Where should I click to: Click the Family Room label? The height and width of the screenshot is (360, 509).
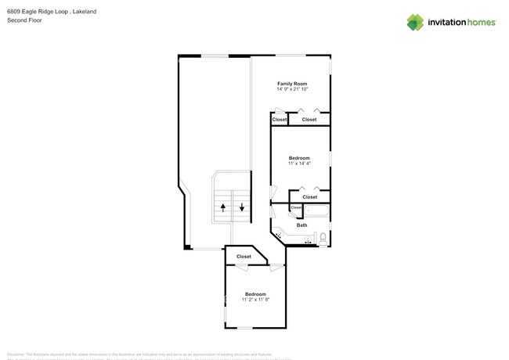pos(292,83)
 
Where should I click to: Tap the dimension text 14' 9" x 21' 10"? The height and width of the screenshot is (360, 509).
pos(292,89)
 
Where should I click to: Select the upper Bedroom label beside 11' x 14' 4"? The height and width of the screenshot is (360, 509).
pos(299,157)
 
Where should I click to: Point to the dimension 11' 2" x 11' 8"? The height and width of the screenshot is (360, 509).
pos(255,300)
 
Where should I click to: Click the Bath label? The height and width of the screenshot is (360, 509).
pos(301,225)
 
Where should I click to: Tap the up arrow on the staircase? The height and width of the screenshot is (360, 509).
pos(223,207)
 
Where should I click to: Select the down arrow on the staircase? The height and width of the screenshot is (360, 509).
pos(242,207)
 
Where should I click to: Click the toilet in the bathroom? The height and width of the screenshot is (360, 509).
pos(323,237)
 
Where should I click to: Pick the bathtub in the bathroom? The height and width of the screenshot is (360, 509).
pos(316,211)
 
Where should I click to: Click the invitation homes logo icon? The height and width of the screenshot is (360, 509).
pos(416,22)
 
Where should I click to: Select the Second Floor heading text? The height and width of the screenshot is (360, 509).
pos(25,20)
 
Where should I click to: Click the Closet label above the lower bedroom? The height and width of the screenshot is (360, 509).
pos(244,256)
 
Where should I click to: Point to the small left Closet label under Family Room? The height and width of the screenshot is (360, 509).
pos(280,120)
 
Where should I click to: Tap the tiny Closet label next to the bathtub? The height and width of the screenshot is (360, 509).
pos(296,207)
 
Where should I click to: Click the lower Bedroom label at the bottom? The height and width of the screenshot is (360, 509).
pos(255,294)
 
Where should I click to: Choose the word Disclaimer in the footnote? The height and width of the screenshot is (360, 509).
pos(17,355)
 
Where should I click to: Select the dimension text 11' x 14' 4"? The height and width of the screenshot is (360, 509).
pos(299,163)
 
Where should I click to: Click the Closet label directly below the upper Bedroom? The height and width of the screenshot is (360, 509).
pos(309,196)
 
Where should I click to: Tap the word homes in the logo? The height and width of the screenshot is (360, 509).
pos(480,22)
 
